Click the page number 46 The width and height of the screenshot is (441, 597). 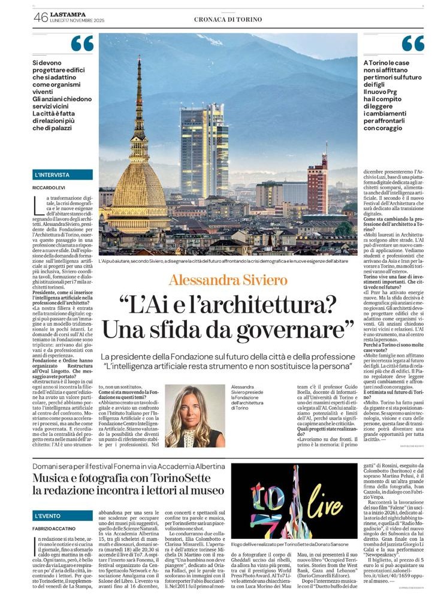tap(41, 19)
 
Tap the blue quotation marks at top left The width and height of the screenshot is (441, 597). tap(82, 44)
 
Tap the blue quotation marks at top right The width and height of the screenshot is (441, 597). tap(412, 44)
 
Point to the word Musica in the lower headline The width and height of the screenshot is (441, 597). tap(55, 478)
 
